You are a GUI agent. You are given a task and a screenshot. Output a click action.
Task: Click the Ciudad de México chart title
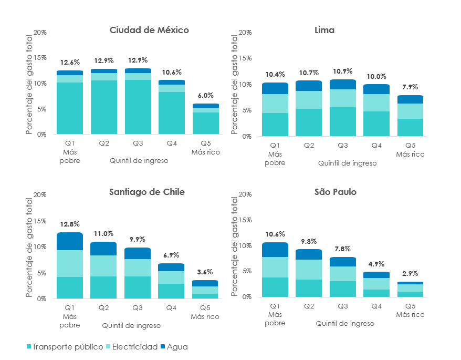click(149, 30)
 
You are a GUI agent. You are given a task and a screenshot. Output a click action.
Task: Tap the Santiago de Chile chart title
click(146, 192)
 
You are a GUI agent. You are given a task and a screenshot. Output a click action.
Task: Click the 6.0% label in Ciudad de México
click(205, 95)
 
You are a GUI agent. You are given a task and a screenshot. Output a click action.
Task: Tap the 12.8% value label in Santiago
click(70, 224)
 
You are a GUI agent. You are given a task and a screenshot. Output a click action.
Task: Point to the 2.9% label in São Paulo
click(410, 273)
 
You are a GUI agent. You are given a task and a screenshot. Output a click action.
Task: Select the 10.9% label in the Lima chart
click(342, 71)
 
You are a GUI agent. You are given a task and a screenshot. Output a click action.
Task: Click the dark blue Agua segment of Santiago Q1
click(70, 241)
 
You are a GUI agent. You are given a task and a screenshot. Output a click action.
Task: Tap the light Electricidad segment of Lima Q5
click(410, 111)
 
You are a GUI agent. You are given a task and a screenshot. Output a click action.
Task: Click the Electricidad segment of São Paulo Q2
click(309, 269)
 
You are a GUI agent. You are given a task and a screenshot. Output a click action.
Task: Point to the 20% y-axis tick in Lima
click(245, 33)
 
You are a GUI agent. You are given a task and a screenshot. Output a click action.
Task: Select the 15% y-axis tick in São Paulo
click(245, 220)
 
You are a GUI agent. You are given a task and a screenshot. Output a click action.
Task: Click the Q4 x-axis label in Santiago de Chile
click(171, 307)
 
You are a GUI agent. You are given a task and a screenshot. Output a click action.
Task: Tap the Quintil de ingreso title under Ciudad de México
click(139, 160)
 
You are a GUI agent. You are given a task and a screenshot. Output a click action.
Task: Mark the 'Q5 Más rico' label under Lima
click(410, 150)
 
